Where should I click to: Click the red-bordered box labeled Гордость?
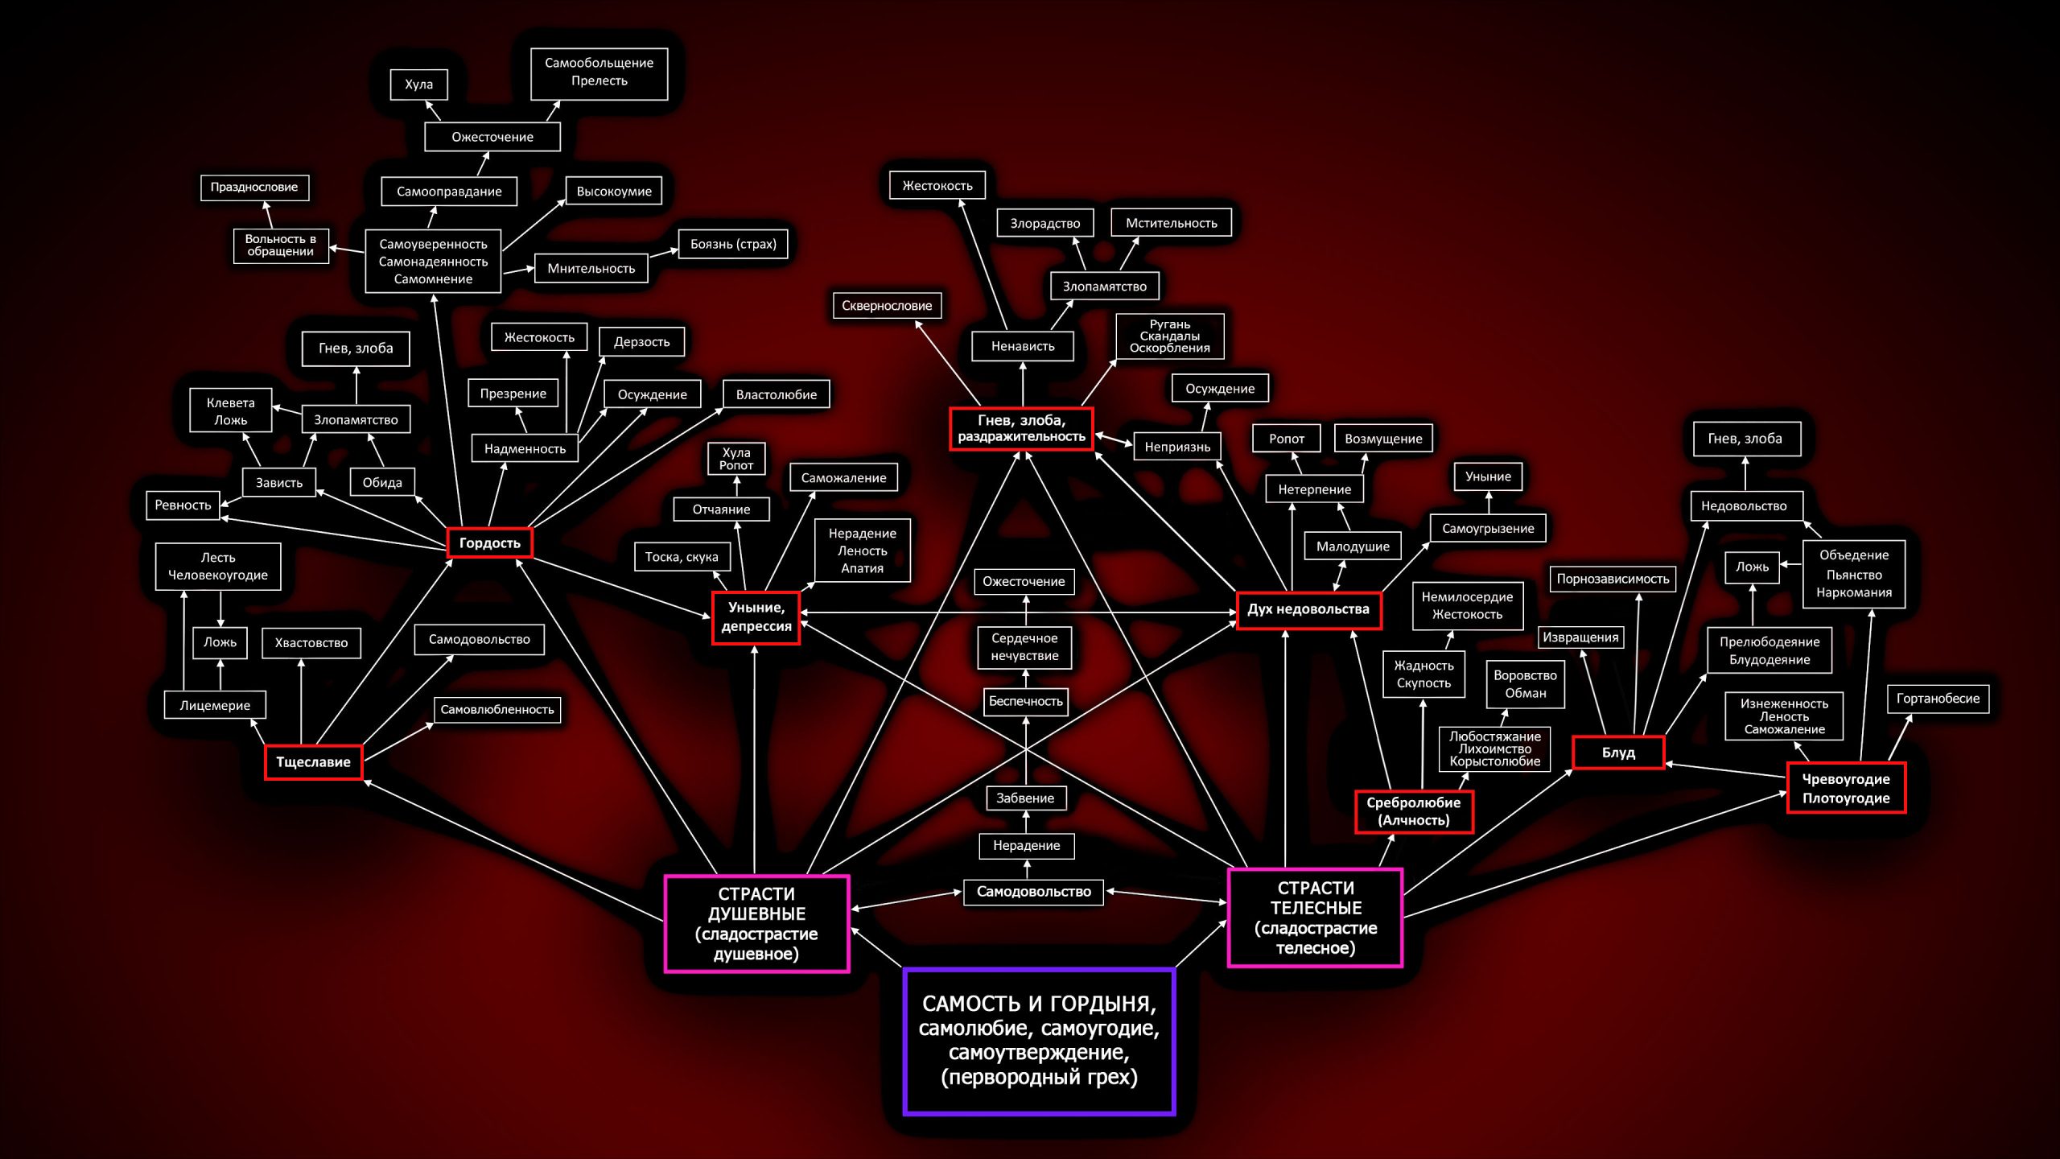click(x=489, y=543)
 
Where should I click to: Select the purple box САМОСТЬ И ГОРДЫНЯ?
click(x=1039, y=1041)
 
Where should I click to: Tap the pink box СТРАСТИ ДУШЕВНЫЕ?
click(x=756, y=923)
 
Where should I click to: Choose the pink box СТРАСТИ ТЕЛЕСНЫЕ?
click(x=1316, y=918)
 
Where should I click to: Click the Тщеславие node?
click(x=313, y=762)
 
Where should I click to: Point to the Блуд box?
click(x=1618, y=753)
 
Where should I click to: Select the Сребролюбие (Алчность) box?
click(x=1414, y=811)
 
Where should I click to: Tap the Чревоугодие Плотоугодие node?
click(x=1846, y=789)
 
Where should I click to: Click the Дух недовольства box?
click(x=1308, y=609)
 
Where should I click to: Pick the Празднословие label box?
click(x=254, y=187)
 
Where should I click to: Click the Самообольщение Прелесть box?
click(x=599, y=72)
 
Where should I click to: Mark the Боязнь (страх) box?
click(x=733, y=244)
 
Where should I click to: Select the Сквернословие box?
click(x=887, y=306)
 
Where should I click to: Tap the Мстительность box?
click(x=1172, y=223)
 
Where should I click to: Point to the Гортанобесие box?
click(x=1938, y=699)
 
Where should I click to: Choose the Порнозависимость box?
click(x=1613, y=579)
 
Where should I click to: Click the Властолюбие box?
click(x=777, y=394)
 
